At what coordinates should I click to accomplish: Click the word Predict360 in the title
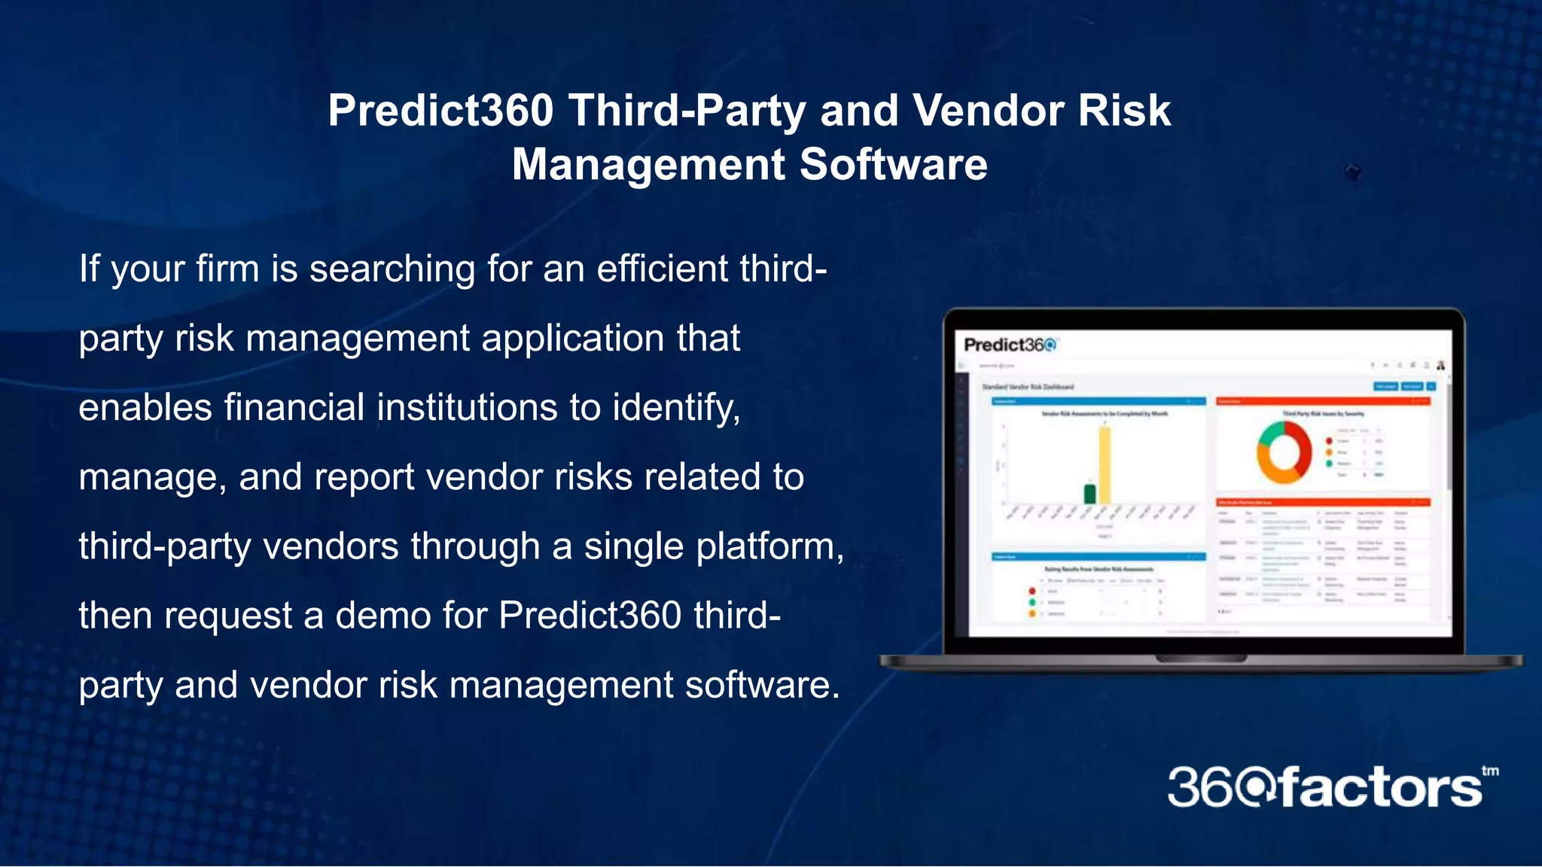click(x=440, y=111)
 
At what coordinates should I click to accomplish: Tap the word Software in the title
click(x=893, y=165)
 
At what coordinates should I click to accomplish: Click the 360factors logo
click(x=1324, y=788)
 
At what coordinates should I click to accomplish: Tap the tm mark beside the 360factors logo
click(x=1490, y=771)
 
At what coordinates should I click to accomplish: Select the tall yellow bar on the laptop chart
click(x=1105, y=465)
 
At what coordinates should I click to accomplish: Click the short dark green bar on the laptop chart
click(x=1089, y=494)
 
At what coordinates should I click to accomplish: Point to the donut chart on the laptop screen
click(x=1284, y=452)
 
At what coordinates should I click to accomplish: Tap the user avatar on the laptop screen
click(x=1440, y=366)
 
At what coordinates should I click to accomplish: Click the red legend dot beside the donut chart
click(x=1329, y=441)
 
